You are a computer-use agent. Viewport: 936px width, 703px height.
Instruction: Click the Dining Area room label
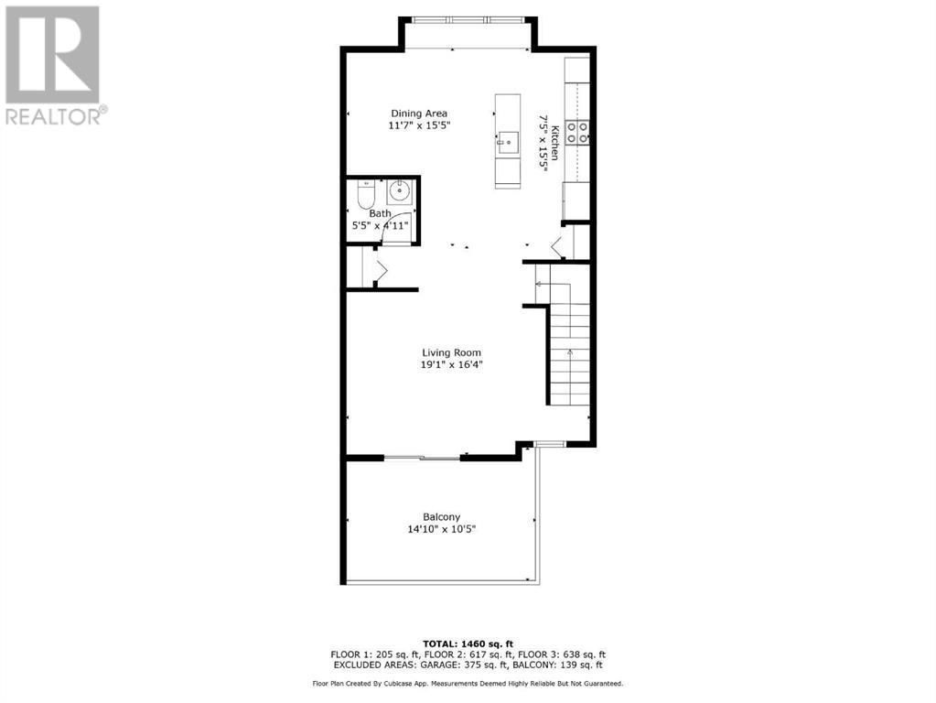click(419, 114)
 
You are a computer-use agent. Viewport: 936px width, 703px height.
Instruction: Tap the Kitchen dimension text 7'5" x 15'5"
click(543, 144)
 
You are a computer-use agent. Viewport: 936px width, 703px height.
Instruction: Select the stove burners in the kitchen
click(577, 132)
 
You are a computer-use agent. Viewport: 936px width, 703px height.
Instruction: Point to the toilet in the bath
click(365, 194)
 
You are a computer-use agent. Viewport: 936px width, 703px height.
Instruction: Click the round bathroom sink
click(399, 191)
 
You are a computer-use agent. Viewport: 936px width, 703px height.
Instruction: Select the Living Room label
click(451, 353)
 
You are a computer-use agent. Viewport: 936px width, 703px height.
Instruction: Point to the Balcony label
click(442, 517)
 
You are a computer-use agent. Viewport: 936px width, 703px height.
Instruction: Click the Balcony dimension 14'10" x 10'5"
click(442, 529)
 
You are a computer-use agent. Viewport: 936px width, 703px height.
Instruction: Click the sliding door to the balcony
click(422, 458)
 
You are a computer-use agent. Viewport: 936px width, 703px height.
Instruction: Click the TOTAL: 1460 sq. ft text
click(468, 644)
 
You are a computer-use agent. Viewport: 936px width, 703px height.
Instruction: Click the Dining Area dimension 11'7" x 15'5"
click(419, 126)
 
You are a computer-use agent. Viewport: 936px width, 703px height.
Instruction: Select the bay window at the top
click(468, 20)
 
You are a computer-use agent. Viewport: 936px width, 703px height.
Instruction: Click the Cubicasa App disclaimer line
click(468, 683)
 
